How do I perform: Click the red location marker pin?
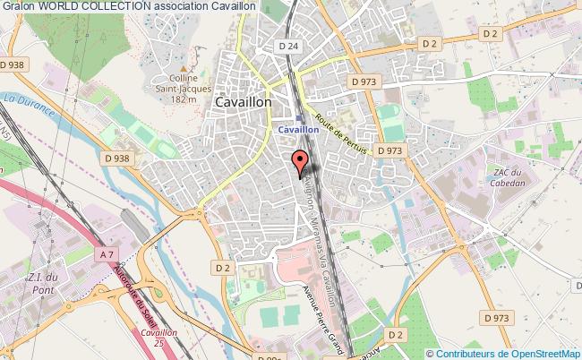point(300,162)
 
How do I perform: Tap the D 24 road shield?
point(287,46)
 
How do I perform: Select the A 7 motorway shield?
point(106,254)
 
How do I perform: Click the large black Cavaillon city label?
point(244,103)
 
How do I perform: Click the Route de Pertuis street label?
point(348,134)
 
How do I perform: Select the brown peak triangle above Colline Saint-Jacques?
point(184,67)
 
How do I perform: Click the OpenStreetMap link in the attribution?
point(534,354)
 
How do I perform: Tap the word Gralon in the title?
point(18,5)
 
